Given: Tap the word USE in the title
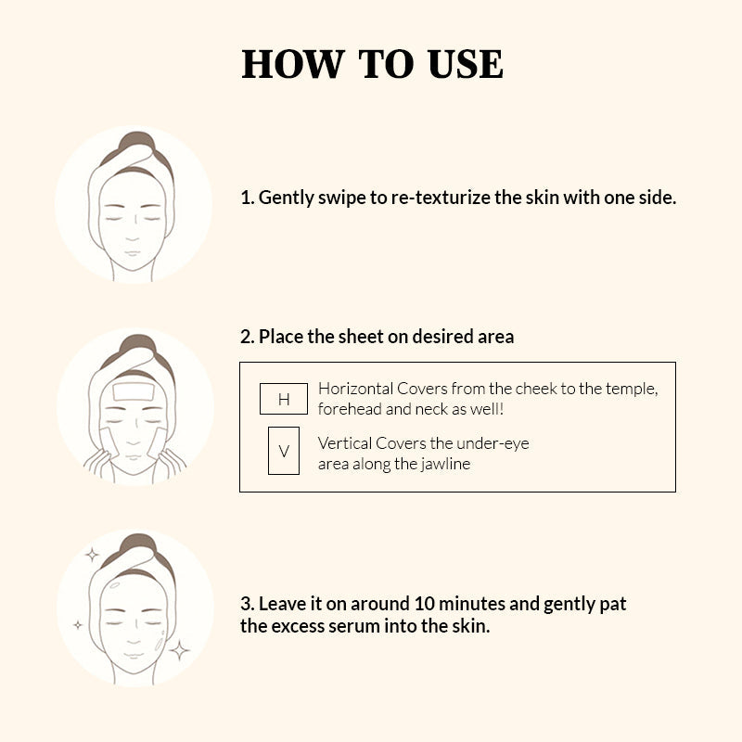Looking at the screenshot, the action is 466,64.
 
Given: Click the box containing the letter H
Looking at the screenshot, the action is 284,399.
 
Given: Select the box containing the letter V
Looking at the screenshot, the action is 284,451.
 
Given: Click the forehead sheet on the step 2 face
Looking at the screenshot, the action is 134,391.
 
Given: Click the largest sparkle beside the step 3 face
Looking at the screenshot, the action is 179,650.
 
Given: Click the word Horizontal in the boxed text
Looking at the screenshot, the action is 356,389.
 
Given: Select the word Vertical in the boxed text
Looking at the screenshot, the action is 345,443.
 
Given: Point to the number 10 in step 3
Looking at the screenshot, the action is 424,604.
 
